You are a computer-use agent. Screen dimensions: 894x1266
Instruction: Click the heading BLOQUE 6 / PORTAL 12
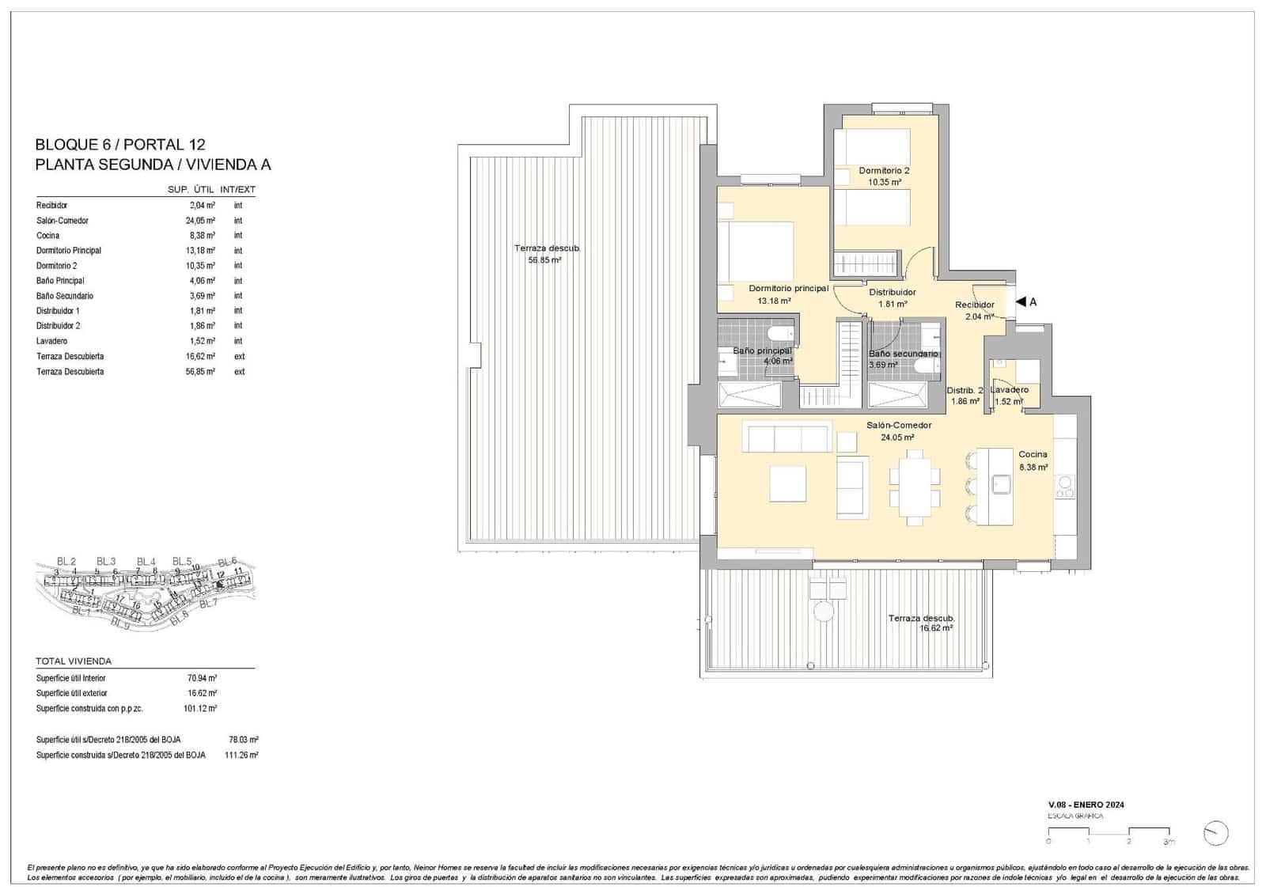pyautogui.click(x=120, y=145)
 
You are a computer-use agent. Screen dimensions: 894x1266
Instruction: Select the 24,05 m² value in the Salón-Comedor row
pyautogui.click(x=200, y=221)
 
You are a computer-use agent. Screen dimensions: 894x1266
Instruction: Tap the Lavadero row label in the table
pyautogui.click(x=52, y=341)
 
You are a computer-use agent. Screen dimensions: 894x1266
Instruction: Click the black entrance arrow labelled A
pyautogui.click(x=1021, y=301)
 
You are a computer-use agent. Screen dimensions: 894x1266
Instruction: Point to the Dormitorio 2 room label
pyautogui.click(x=884, y=171)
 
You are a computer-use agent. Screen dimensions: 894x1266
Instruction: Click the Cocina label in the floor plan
pyautogui.click(x=1033, y=454)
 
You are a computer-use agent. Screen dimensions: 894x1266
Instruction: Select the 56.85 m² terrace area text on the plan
pyautogui.click(x=544, y=259)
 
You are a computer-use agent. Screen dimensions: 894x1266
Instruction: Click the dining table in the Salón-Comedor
pyautogui.click(x=915, y=487)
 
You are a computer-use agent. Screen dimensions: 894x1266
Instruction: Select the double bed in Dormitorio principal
pyautogui.click(x=756, y=250)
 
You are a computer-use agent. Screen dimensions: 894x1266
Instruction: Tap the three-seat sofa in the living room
pyautogui.click(x=787, y=438)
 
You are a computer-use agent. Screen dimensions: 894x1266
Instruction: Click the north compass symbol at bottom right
pyautogui.click(x=1215, y=832)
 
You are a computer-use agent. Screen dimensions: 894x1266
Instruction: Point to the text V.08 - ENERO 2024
pyautogui.click(x=1086, y=805)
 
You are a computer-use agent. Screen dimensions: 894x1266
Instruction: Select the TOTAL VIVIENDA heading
pyautogui.click(x=74, y=661)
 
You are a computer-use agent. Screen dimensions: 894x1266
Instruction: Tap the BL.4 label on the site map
pyautogui.click(x=146, y=562)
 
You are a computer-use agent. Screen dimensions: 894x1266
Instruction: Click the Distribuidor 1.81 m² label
pyautogui.click(x=892, y=297)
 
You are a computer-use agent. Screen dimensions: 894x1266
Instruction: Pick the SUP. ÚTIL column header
pyautogui.click(x=191, y=190)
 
